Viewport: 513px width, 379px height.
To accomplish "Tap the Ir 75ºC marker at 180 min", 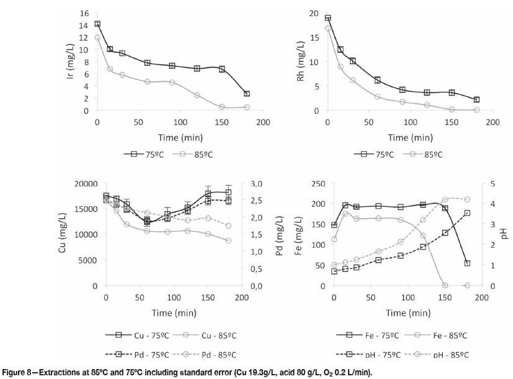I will (x=247, y=94).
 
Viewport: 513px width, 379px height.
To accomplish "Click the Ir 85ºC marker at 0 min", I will (x=97, y=38).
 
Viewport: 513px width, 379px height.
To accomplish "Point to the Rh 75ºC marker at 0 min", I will (x=328, y=18).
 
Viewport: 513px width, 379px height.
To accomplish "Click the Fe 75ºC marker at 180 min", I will (x=467, y=263).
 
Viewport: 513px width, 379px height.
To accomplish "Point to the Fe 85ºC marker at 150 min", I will (x=445, y=285).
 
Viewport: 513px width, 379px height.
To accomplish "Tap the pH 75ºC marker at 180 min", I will (x=467, y=213).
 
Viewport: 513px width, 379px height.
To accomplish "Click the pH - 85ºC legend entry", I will (x=447, y=355).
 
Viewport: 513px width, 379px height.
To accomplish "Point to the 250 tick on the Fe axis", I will (x=318, y=184).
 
